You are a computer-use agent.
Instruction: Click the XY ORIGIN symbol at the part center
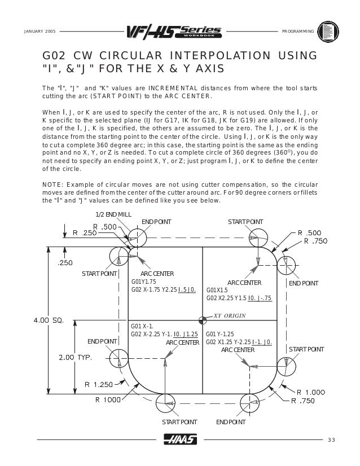click(203, 319)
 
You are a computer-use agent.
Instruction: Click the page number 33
click(331, 440)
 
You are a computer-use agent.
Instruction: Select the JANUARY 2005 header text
click(39, 30)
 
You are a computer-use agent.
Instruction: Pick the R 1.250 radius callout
click(99, 384)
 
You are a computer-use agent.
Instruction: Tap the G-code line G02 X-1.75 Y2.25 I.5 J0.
click(163, 289)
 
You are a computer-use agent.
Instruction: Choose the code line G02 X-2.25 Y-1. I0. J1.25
click(164, 335)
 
